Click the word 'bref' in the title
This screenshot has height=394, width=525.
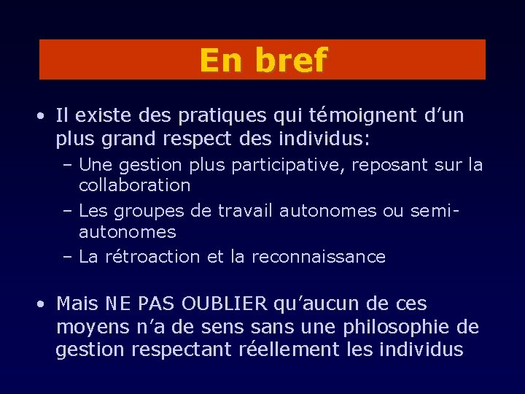[x=291, y=60]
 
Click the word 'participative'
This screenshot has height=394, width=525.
[x=290, y=166]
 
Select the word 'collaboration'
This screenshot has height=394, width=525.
[x=134, y=185]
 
